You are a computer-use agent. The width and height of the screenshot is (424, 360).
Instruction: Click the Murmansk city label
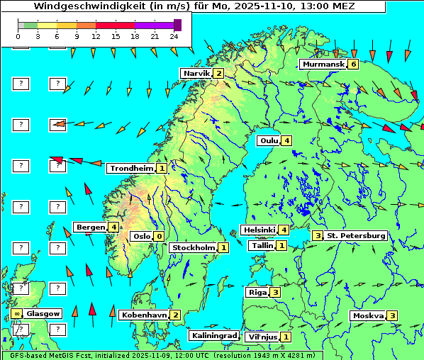(x=323, y=64)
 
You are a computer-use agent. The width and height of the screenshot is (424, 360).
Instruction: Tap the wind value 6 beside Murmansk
(x=352, y=64)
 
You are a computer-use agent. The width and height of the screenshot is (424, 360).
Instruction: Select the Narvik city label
(x=196, y=74)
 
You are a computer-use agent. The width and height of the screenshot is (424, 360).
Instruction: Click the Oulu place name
(x=269, y=140)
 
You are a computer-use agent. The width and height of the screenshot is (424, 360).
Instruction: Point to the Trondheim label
(x=131, y=169)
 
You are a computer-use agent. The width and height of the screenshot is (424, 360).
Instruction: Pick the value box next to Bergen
(x=113, y=227)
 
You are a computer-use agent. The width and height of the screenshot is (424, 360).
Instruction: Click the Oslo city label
(x=141, y=237)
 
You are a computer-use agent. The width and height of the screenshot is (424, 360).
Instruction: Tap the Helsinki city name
(x=259, y=230)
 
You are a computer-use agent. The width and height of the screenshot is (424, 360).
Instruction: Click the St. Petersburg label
(x=355, y=235)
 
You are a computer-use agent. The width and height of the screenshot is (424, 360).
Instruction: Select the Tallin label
(x=262, y=246)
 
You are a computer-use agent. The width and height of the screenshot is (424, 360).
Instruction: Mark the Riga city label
(x=256, y=292)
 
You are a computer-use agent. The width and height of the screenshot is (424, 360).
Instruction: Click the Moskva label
(x=368, y=315)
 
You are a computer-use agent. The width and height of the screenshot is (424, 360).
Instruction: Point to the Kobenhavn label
(x=144, y=315)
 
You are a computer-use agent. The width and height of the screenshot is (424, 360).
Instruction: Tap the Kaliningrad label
(x=213, y=335)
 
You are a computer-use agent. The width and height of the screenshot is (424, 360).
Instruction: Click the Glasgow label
(x=43, y=313)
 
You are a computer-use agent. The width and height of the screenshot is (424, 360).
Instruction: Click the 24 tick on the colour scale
(x=174, y=35)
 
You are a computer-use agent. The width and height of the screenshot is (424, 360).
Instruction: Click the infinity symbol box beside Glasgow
(x=16, y=313)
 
